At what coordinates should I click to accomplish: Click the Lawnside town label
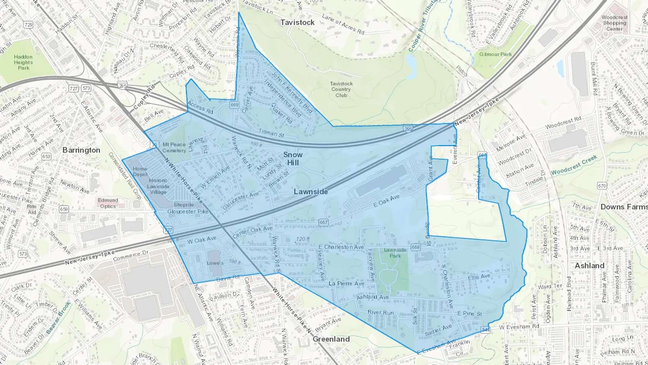tap(311, 192)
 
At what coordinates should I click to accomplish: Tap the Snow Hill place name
tap(293, 159)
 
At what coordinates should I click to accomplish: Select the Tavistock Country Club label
tap(341, 89)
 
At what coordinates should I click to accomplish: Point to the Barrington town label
tap(81, 150)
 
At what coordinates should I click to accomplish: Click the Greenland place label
tap(331, 339)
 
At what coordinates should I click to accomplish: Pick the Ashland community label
tap(589, 266)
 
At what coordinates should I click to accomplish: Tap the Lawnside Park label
tap(395, 253)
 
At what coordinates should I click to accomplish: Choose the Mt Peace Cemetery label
tap(174, 147)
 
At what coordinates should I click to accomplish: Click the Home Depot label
tap(140, 172)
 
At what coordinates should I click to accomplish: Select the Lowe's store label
tap(215, 263)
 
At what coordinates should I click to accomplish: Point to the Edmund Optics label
tap(108, 203)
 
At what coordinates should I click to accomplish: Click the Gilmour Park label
tap(495, 54)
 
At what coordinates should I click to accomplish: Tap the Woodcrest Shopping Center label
tap(614, 23)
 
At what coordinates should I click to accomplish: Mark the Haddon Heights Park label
tap(23, 62)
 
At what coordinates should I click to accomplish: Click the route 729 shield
tap(28, 25)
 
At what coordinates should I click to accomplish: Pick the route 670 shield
tap(602, 186)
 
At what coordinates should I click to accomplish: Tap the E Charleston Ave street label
tap(341, 247)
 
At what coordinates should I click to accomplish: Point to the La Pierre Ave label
tap(346, 284)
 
